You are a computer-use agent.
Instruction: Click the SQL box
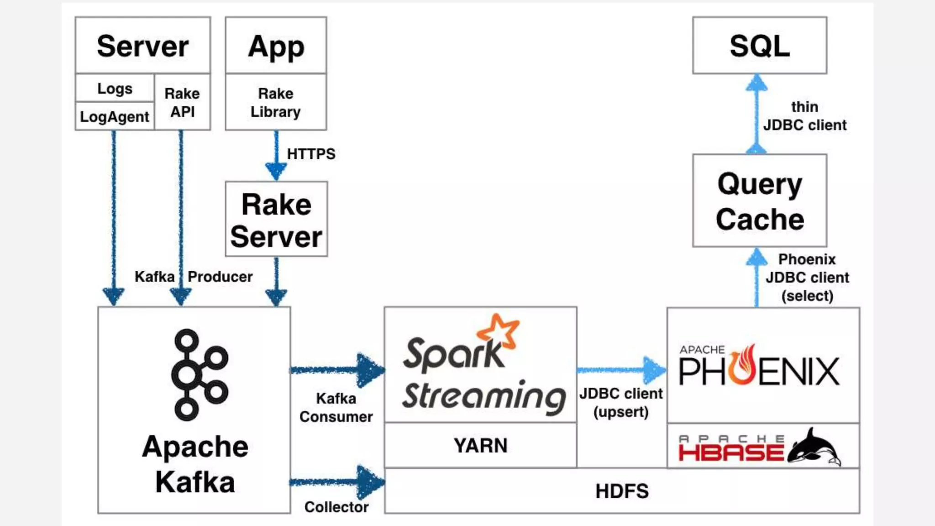(759, 46)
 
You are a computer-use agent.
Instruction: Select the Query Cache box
(759, 201)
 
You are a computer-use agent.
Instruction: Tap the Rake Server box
(276, 220)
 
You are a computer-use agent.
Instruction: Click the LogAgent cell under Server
(115, 117)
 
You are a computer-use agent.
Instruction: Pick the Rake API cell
(182, 102)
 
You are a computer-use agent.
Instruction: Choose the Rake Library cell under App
(276, 102)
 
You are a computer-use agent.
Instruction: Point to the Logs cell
(115, 88)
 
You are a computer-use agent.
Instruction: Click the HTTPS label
(311, 154)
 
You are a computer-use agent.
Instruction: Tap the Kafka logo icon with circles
(199, 374)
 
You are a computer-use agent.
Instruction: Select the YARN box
(480, 445)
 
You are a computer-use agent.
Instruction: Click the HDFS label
(622, 491)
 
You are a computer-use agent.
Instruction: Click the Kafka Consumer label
(336, 407)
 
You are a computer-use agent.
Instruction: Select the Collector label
(336, 507)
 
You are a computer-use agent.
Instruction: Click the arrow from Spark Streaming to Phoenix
(621, 370)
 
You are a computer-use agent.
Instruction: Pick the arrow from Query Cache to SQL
(756, 114)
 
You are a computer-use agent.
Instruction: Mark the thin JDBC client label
(804, 116)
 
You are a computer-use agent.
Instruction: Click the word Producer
(220, 277)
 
